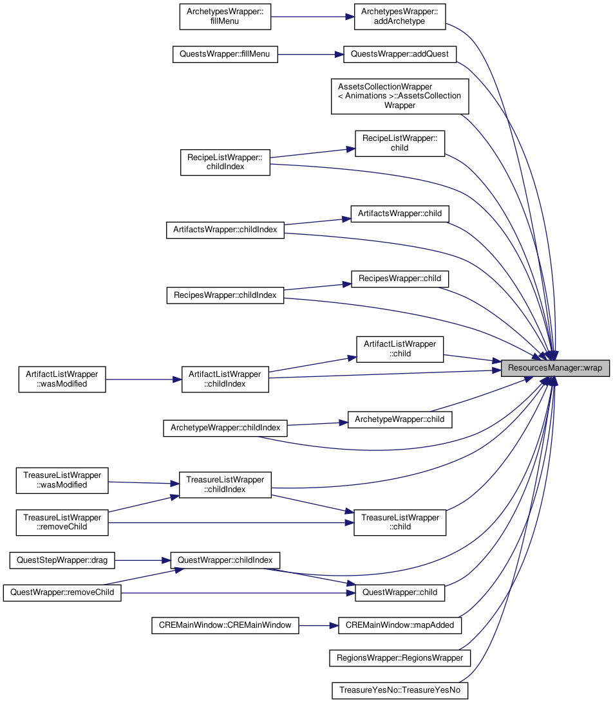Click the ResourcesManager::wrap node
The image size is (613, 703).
click(555, 368)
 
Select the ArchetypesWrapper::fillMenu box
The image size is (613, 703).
click(225, 17)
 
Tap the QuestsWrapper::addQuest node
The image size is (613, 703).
click(399, 54)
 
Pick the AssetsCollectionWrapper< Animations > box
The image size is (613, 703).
click(400, 96)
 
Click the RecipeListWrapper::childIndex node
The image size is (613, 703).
click(225, 162)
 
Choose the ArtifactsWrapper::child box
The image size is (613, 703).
click(400, 214)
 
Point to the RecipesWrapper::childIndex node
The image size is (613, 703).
click(225, 295)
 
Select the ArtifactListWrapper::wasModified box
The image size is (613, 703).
click(62, 379)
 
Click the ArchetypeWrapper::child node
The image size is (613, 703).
click(400, 419)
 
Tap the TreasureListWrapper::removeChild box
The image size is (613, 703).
click(62, 522)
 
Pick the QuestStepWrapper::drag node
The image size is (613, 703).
click(62, 560)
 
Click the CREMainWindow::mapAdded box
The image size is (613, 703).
click(400, 625)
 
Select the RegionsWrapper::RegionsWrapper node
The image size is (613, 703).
click(400, 658)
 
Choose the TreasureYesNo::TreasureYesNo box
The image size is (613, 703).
click(400, 690)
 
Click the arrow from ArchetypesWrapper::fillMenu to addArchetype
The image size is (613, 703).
click(313, 17)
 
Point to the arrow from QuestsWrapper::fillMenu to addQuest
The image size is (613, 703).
click(310, 55)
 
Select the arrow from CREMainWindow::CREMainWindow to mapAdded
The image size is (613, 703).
click(319, 625)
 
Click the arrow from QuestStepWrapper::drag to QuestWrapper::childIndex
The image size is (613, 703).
click(143, 560)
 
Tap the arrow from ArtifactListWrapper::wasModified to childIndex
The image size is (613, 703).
click(144, 379)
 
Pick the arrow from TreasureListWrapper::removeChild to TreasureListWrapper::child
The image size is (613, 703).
click(231, 523)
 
